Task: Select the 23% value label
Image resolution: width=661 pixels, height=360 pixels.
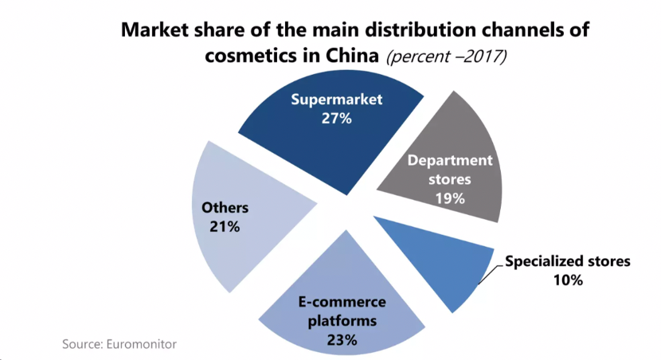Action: [x=342, y=340]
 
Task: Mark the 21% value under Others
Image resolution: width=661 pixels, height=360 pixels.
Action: [x=225, y=227]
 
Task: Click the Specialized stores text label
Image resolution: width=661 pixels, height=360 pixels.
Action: [x=567, y=261]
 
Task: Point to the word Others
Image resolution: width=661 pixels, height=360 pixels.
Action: [x=225, y=208]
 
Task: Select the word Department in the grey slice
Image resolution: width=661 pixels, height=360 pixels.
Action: [x=450, y=160]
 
